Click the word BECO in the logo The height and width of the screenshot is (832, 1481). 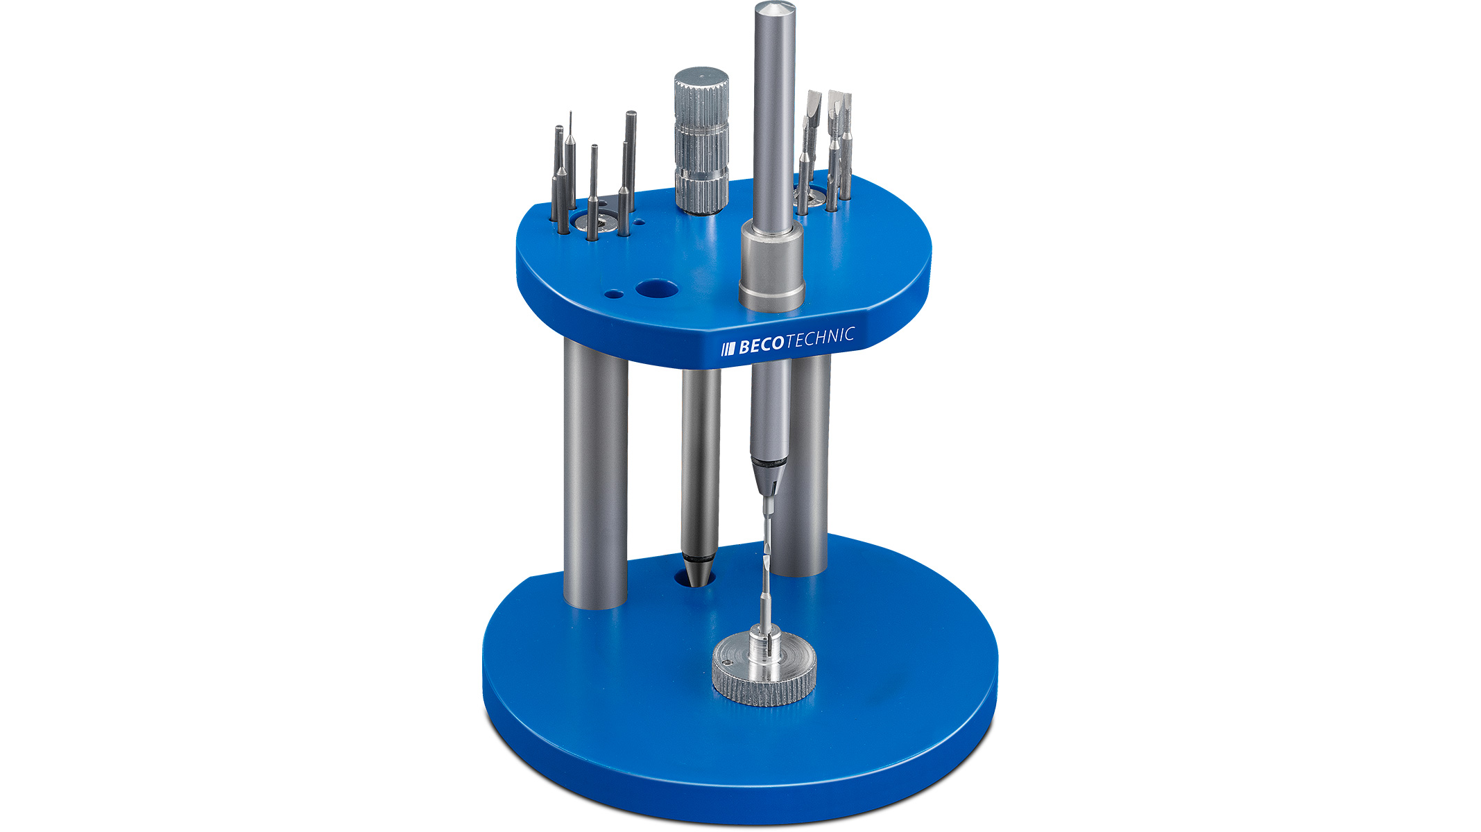click(x=761, y=345)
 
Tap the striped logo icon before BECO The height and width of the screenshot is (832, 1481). click(x=728, y=348)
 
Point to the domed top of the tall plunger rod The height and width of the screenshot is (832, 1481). click(x=773, y=12)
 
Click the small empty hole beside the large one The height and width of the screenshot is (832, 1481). click(x=128, y=294)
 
